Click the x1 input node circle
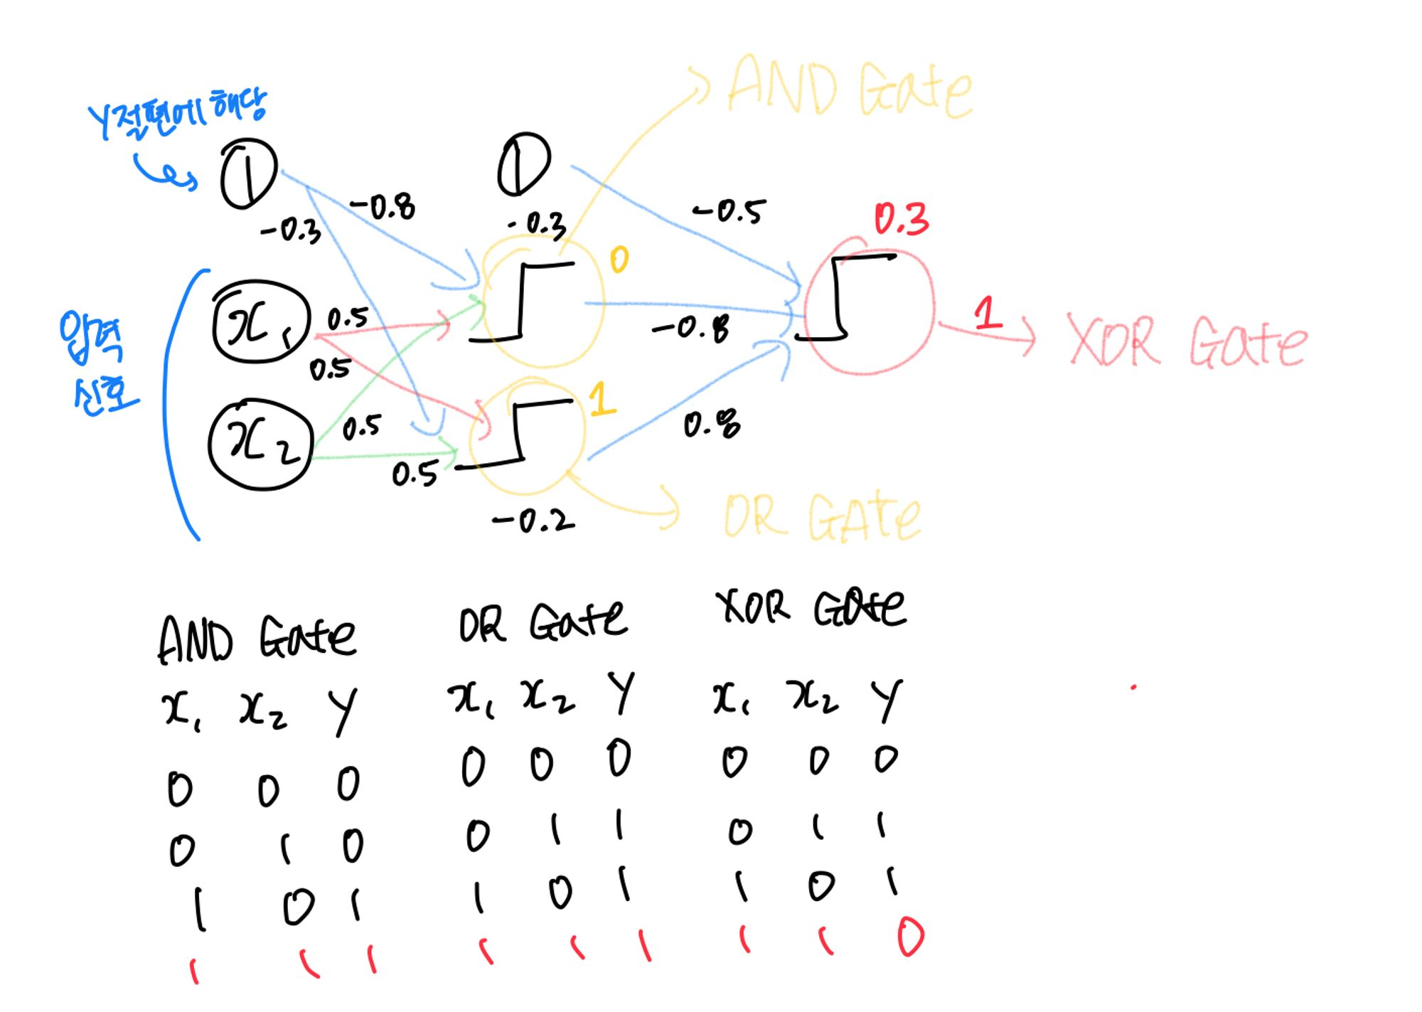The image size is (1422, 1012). tap(261, 322)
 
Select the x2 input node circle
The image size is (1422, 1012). tap(261, 444)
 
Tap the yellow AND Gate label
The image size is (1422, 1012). tap(850, 88)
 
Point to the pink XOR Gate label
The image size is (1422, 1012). tap(1186, 342)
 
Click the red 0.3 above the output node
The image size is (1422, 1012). tap(901, 219)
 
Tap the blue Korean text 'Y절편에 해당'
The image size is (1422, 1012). tap(177, 114)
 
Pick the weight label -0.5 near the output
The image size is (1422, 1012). tap(729, 211)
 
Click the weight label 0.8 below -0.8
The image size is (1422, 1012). tap(711, 425)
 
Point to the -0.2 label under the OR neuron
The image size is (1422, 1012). tap(533, 521)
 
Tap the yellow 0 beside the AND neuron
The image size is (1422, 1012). tap(619, 260)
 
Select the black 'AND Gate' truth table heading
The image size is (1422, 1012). tap(256, 638)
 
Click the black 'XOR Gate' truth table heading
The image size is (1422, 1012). tap(811, 608)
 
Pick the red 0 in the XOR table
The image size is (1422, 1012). tap(910, 937)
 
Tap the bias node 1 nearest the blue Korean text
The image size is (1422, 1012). tap(247, 173)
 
